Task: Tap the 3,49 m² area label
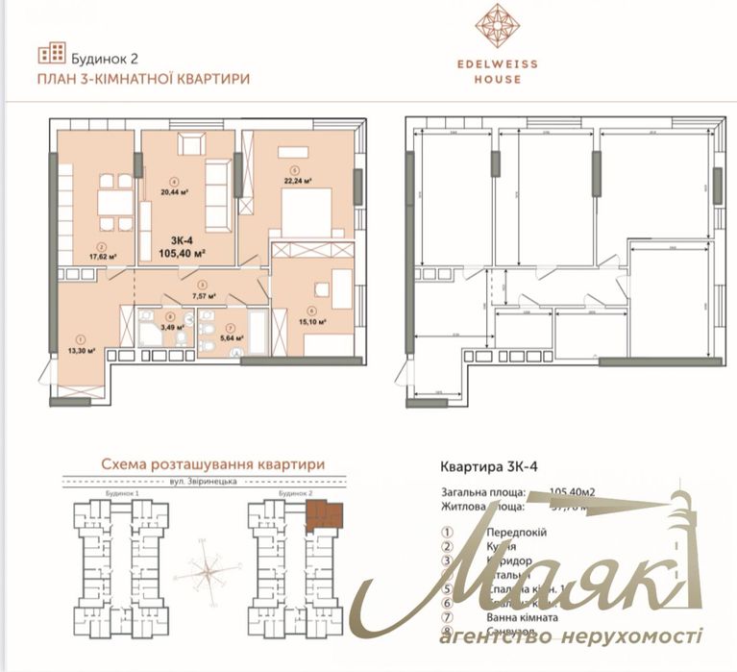pyautogui.click(x=170, y=327)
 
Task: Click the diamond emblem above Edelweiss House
pyautogui.click(x=498, y=27)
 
